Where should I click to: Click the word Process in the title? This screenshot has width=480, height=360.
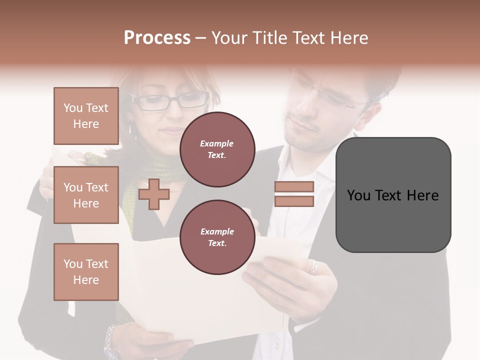pos(157,38)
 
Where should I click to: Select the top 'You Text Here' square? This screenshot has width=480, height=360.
pos(86,116)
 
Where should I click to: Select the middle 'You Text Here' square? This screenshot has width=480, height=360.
pos(86,195)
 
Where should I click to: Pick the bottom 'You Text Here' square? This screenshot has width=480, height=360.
pos(86,272)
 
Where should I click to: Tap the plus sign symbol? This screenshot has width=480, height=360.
pos(154,194)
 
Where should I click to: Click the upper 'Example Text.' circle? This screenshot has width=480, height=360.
pos(217,149)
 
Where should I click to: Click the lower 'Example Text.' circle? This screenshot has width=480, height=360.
pos(217,237)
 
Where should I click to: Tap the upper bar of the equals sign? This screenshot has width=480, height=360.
pos(294,186)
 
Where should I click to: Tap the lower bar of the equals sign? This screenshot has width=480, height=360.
pos(294,201)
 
